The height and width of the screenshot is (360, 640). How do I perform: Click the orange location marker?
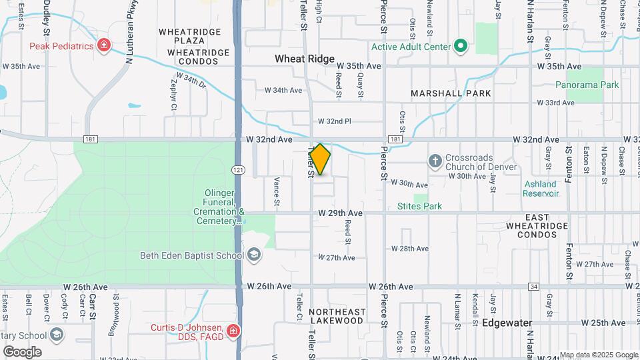321,159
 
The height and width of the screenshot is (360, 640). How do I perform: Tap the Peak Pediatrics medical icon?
103,45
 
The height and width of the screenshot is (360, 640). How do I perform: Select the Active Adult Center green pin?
460,46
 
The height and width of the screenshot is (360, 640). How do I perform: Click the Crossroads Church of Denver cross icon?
435,161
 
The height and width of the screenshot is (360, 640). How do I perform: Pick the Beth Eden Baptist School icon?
254,255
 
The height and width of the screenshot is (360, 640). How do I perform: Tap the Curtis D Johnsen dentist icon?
233,331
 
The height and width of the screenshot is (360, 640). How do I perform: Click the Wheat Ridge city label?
304,59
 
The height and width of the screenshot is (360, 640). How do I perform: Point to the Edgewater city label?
507,323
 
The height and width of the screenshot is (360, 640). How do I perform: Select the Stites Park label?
419,206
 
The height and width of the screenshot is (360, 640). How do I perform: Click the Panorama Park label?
587,85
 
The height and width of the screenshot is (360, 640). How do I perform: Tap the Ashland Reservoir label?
540,189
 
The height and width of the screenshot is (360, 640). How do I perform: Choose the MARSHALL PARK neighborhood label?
451,93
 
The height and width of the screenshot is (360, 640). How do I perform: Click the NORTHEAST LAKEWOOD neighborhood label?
337,316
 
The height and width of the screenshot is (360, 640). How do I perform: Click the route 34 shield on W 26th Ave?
533,287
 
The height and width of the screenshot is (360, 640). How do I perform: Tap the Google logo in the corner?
22,351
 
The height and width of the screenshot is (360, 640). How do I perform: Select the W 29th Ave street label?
340,213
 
